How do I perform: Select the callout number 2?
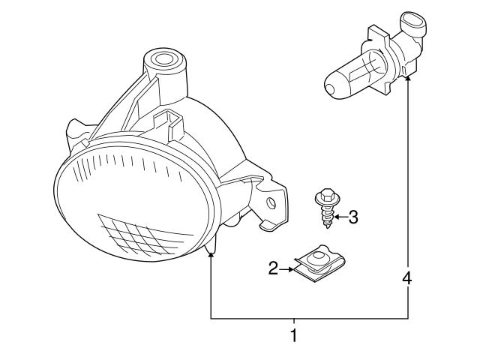click(273, 266)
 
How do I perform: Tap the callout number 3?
click(353, 217)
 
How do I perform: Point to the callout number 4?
click(407, 278)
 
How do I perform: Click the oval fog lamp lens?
click(135, 202)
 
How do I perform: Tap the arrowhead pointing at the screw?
click(337, 217)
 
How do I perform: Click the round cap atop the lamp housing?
click(162, 58)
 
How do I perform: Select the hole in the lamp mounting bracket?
click(271, 202)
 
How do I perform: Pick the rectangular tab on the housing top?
click(170, 120)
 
